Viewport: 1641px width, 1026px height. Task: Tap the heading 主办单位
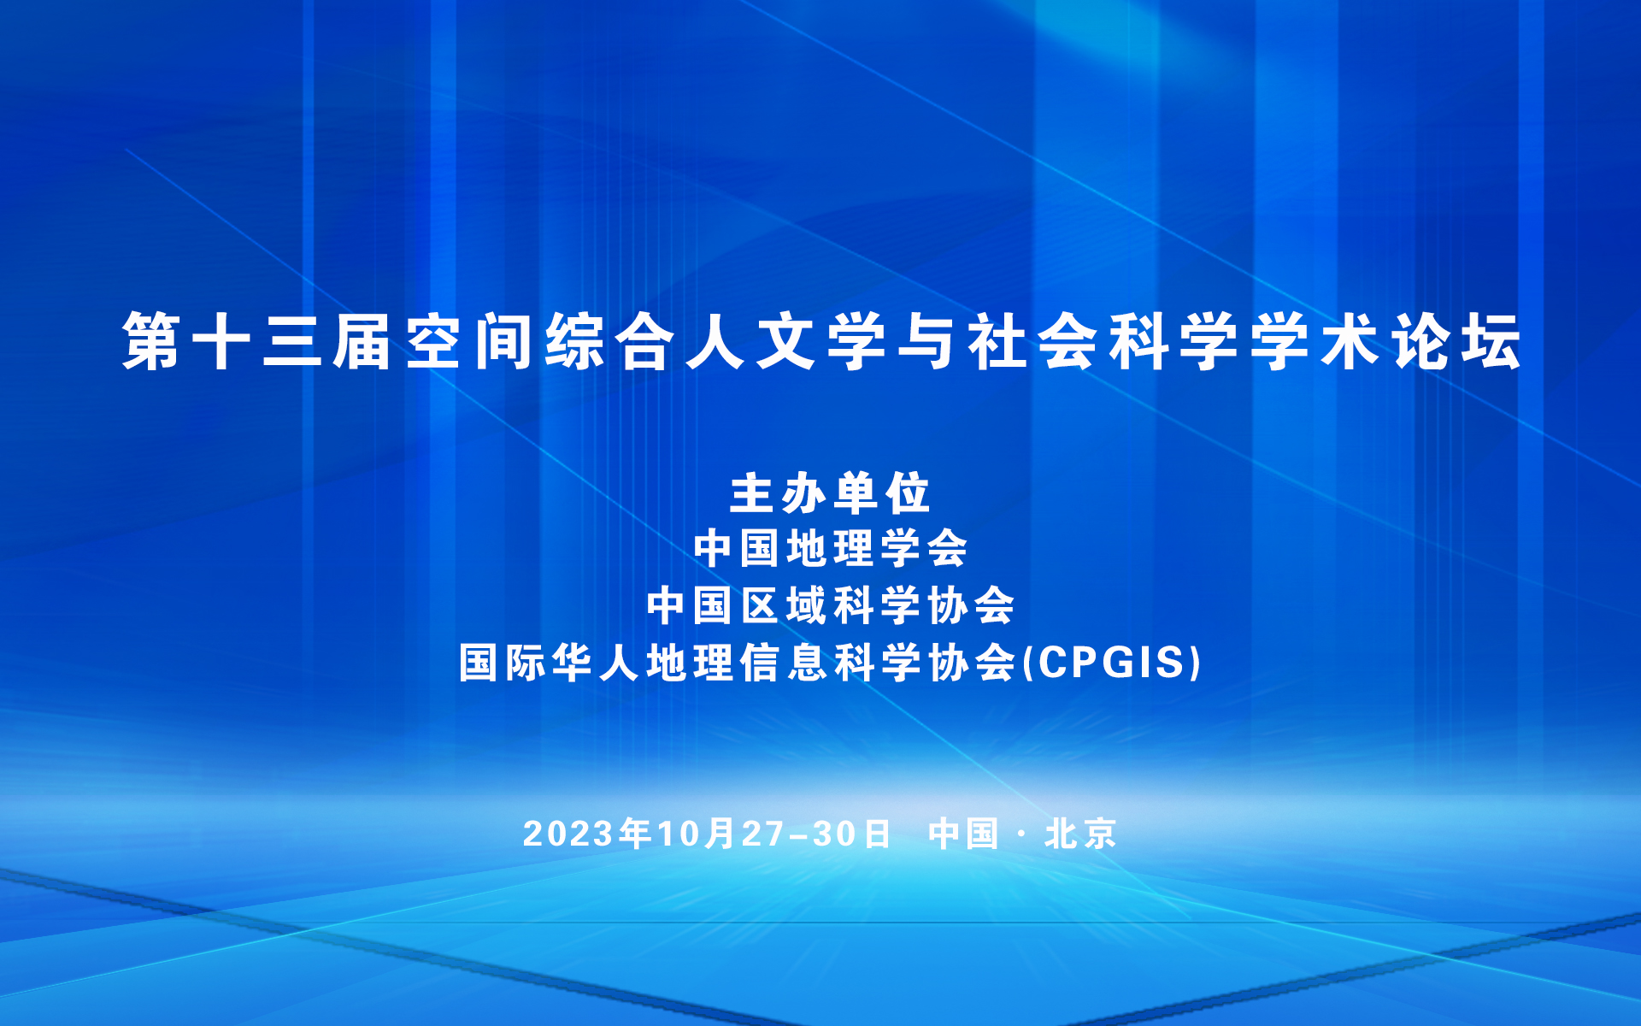[829, 493]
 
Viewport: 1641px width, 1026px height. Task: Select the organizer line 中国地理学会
[830, 548]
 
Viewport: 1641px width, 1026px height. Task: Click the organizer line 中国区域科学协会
[830, 605]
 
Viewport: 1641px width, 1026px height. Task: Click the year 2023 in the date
[568, 834]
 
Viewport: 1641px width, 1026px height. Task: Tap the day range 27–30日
[816, 834]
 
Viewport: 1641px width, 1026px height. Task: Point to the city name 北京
[1080, 834]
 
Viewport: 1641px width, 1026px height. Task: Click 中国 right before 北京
[963, 834]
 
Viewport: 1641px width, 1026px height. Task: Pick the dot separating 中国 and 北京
[1022, 834]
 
